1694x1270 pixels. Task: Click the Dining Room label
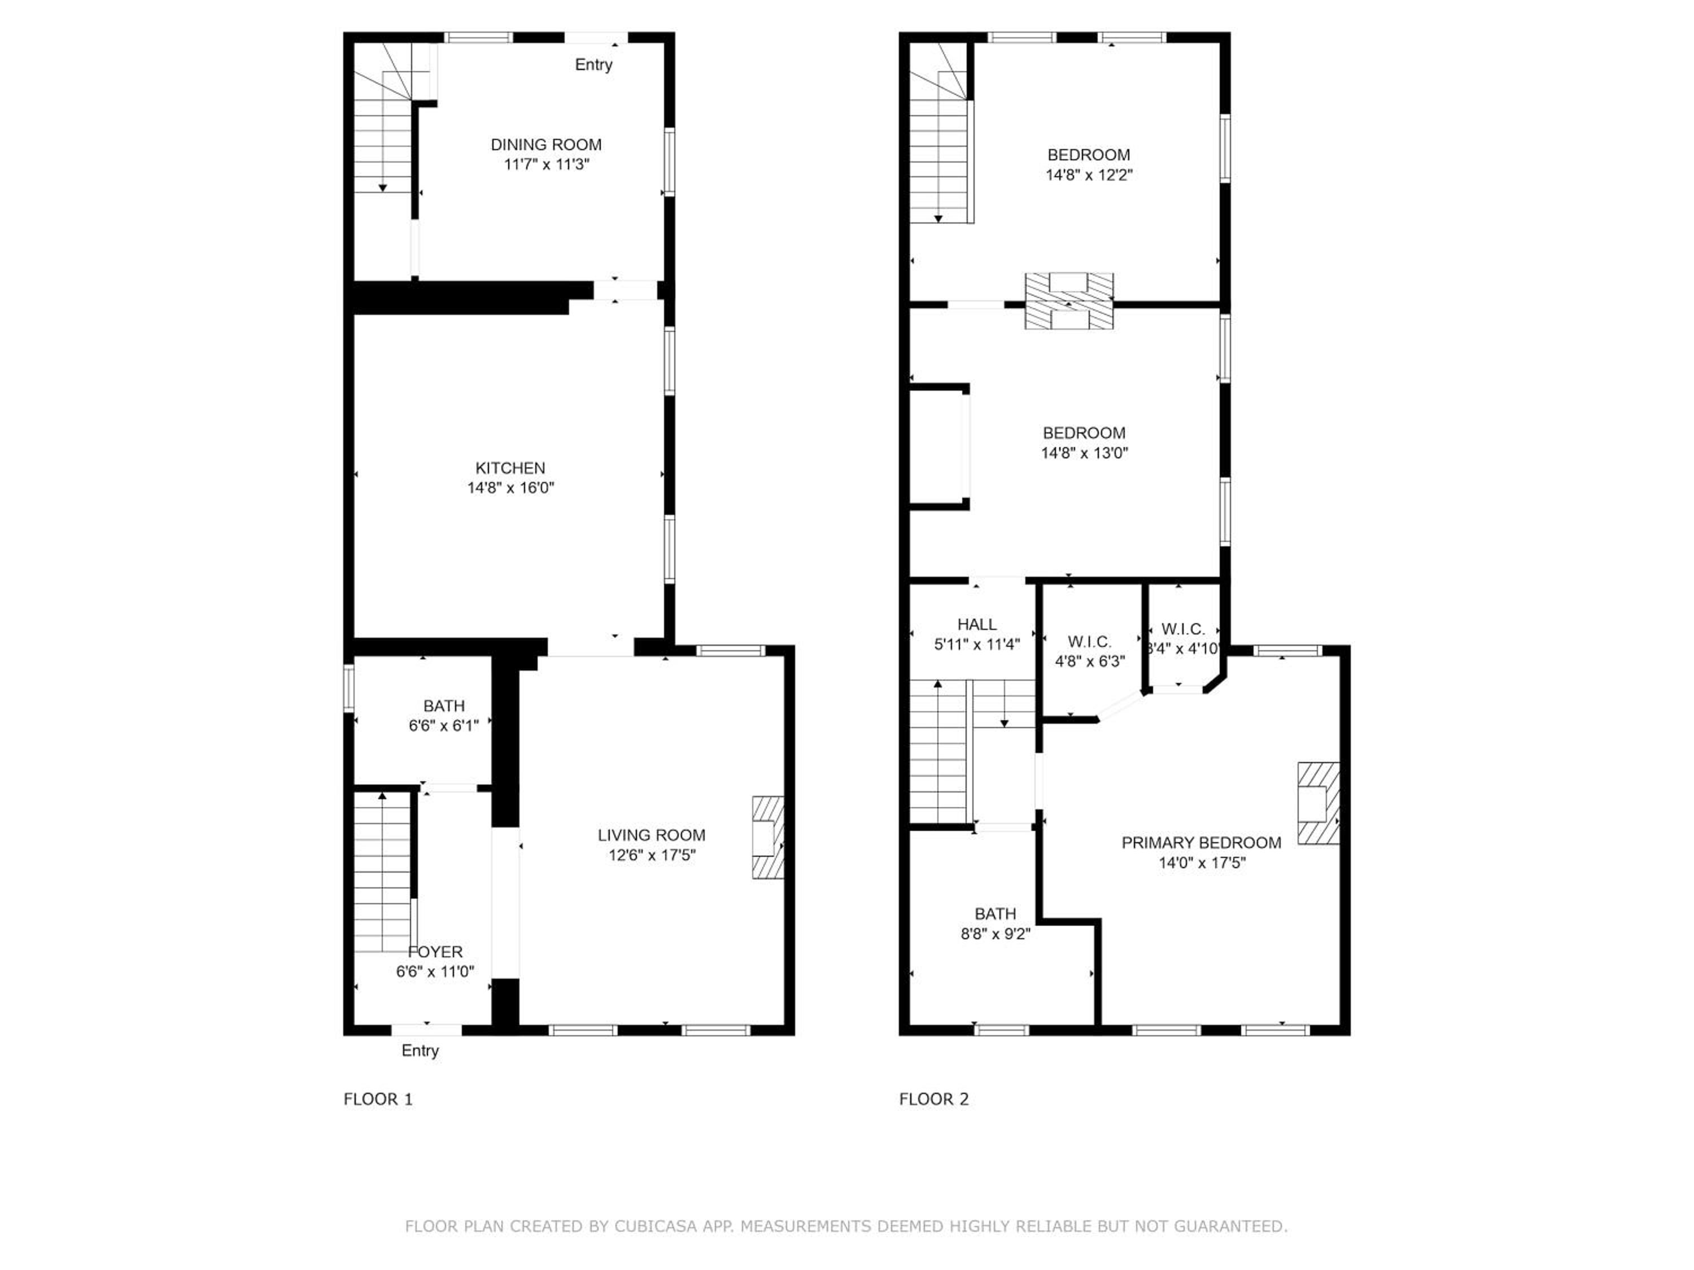(x=546, y=144)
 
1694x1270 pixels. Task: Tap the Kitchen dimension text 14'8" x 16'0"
(x=511, y=488)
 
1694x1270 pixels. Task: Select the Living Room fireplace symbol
(x=768, y=838)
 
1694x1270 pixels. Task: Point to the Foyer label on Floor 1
(x=435, y=952)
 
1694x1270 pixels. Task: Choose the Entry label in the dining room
(x=593, y=65)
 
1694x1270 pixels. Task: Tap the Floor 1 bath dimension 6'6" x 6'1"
(x=443, y=725)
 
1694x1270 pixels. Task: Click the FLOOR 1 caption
(x=378, y=1100)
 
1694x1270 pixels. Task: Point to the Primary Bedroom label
(x=1202, y=843)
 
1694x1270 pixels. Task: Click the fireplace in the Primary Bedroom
(x=1318, y=803)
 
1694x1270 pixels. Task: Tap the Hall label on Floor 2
(x=977, y=625)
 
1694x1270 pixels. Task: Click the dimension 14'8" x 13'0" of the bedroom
(x=1084, y=453)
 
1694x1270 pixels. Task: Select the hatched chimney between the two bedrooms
(x=1069, y=301)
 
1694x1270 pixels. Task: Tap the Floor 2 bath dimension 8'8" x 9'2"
(x=996, y=934)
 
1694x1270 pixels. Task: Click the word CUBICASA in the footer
(x=656, y=1227)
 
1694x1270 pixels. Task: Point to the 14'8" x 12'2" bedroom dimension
(x=1089, y=174)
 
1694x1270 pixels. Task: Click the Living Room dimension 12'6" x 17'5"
(x=652, y=855)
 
